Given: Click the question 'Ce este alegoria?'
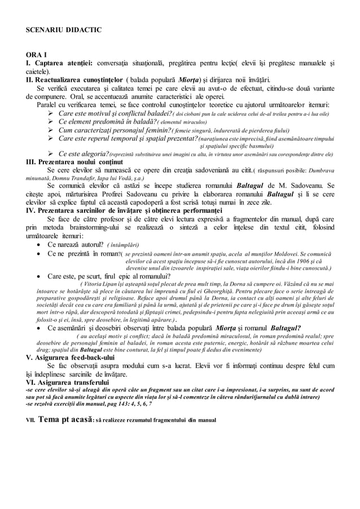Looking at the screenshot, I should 84,153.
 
